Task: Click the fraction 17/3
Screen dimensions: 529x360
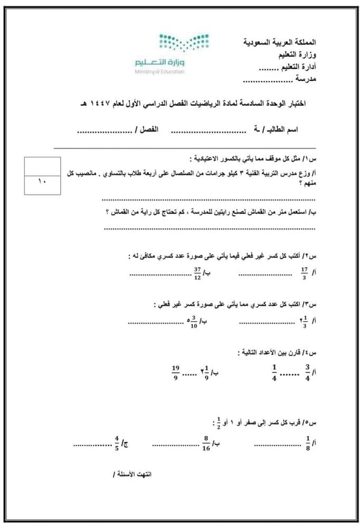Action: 303,274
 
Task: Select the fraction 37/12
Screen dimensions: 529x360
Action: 196,274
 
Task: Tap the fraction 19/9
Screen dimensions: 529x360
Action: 176,372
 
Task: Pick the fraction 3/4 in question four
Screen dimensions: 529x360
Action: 307,372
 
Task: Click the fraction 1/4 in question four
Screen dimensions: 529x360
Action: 274,372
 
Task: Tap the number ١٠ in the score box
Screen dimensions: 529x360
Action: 42,183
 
